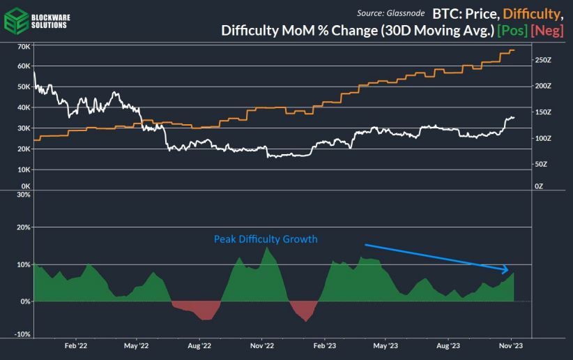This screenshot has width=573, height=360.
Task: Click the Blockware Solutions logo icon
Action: (17, 20)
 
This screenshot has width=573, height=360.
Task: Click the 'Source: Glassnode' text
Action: (390, 13)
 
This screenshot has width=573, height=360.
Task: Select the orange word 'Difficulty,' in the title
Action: (531, 13)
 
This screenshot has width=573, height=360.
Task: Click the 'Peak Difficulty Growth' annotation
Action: (265, 239)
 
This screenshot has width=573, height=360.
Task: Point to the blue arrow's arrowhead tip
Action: (509, 271)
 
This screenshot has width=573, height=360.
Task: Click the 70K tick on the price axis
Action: (23, 47)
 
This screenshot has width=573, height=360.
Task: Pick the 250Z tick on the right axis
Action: (543, 61)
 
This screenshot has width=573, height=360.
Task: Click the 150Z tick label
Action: (543, 112)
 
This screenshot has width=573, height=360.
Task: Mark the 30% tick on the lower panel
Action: (23, 195)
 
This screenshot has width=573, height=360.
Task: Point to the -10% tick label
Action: (22, 334)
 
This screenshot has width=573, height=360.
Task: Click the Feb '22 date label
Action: (75, 345)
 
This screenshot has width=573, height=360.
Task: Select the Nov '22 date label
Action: (261, 345)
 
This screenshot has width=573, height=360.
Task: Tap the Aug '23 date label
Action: (448, 345)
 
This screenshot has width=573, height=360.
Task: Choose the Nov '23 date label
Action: (511, 345)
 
